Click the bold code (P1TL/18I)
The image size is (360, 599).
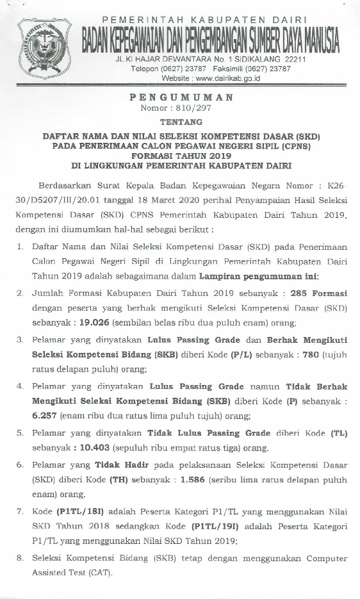pyautogui.click(x=74, y=512)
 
